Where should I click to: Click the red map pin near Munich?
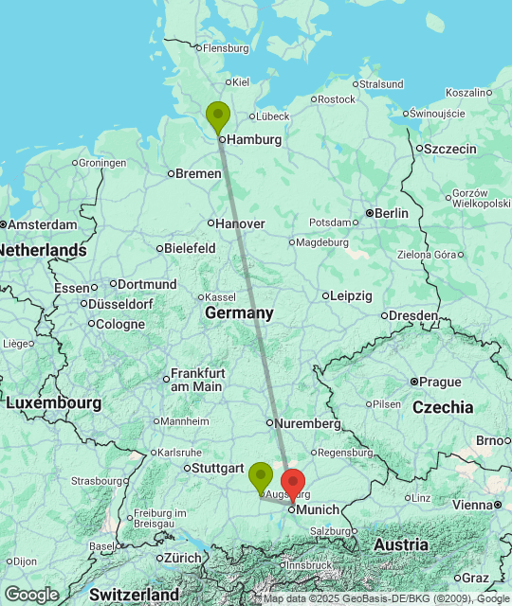click(x=293, y=482)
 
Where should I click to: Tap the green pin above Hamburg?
click(x=218, y=116)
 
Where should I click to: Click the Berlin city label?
click(x=391, y=213)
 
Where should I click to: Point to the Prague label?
click(x=439, y=382)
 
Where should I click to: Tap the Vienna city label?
click(x=472, y=505)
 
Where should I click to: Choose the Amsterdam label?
click(x=43, y=224)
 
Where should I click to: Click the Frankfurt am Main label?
click(x=196, y=380)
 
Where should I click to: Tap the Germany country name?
click(x=239, y=313)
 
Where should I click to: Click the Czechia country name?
click(x=443, y=407)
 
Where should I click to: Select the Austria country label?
click(x=401, y=545)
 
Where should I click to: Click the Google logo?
click(x=31, y=595)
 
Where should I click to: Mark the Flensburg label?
click(x=226, y=48)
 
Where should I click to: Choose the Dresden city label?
click(x=414, y=315)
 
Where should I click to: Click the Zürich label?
click(x=182, y=558)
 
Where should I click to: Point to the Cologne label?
click(x=119, y=324)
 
